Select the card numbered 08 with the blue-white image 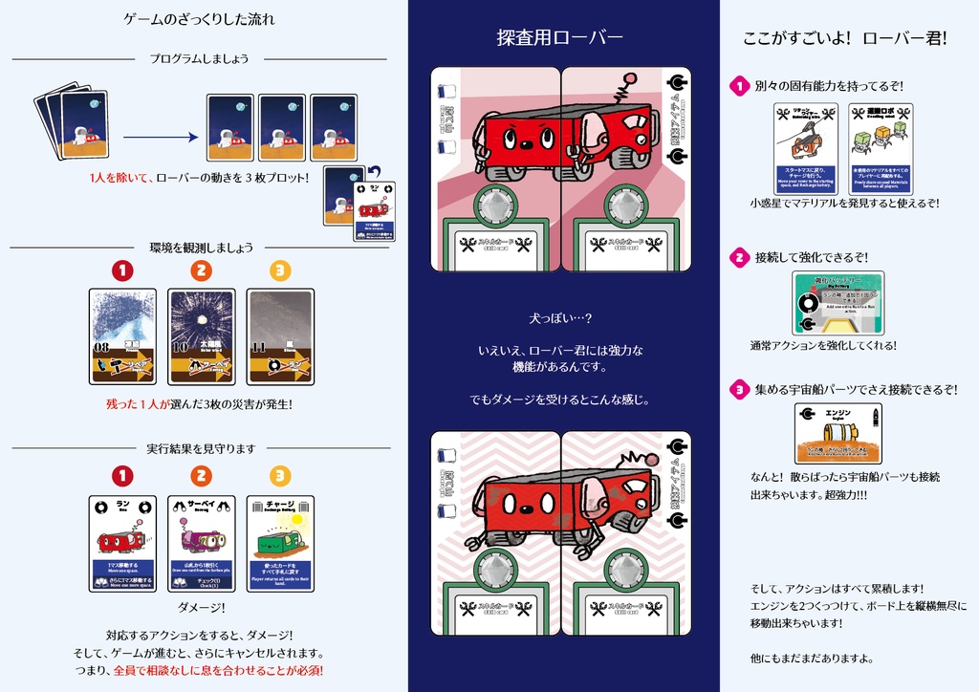[x=122, y=336]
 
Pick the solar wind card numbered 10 [x=201, y=336]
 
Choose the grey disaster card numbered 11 [x=280, y=336]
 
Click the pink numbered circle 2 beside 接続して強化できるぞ [x=739, y=257]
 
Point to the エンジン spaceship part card [x=838, y=433]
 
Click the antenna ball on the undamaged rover [x=630, y=78]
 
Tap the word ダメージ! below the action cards [x=201, y=607]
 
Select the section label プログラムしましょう [x=199, y=58]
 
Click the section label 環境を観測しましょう [x=202, y=248]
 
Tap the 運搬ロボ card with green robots [x=881, y=149]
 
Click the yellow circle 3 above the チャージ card [x=279, y=475]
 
